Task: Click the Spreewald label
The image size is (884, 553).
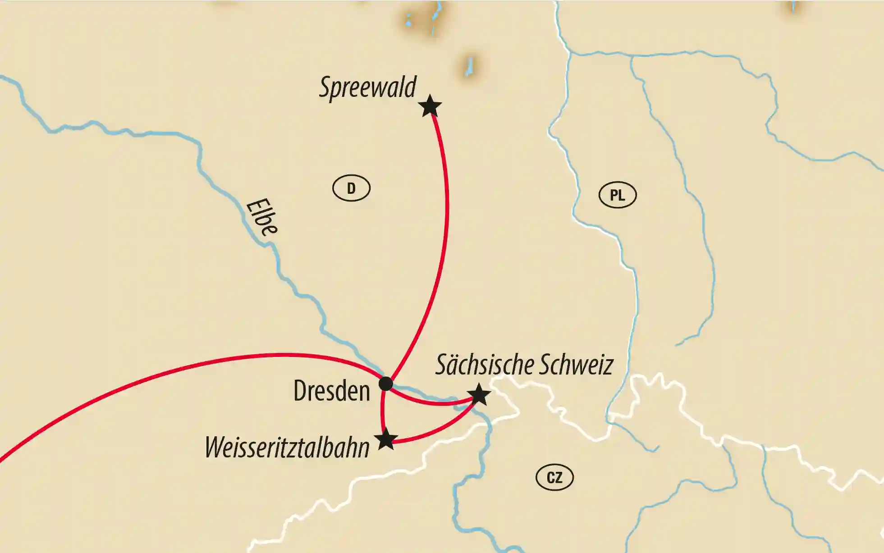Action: [367, 87]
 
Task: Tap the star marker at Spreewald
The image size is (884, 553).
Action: [430, 106]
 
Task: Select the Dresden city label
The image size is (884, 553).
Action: [331, 391]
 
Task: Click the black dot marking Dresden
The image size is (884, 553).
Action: [386, 384]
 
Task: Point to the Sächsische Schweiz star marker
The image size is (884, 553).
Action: [479, 395]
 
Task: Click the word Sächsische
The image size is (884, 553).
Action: [484, 365]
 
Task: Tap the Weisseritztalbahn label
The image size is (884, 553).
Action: [287, 448]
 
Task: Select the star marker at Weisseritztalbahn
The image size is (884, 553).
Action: [386, 439]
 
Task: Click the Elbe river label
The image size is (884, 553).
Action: [261, 217]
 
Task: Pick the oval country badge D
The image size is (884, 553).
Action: [351, 188]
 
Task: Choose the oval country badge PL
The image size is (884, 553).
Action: [617, 195]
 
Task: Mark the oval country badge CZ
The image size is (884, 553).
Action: [554, 477]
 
